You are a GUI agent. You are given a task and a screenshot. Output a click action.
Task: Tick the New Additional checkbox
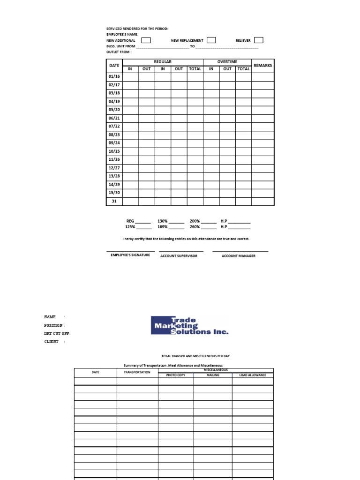146,40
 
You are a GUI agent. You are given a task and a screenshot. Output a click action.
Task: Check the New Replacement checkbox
211,40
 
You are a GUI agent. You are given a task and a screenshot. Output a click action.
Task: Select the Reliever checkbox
259,40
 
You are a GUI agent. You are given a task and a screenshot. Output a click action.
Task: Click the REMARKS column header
262,66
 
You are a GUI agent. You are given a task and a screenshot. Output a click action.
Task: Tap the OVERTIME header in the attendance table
227,62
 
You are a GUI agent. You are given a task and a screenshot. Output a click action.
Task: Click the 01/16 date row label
114,76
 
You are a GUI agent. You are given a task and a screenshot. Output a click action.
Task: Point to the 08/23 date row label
114,135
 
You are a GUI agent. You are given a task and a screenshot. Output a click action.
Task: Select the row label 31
114,201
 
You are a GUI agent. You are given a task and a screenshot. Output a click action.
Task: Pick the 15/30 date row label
114,193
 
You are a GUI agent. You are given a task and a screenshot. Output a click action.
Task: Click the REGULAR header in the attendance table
163,62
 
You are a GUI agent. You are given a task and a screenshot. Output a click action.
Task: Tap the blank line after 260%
209,227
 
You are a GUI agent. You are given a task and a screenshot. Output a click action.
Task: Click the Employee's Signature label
130,255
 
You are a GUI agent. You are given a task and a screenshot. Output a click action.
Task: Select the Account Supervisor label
179,256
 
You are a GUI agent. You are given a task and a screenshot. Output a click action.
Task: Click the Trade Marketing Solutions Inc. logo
189,325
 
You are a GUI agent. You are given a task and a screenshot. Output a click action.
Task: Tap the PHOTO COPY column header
176,375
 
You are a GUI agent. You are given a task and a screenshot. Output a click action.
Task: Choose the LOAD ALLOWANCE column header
252,375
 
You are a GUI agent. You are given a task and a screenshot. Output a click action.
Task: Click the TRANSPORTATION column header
137,372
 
